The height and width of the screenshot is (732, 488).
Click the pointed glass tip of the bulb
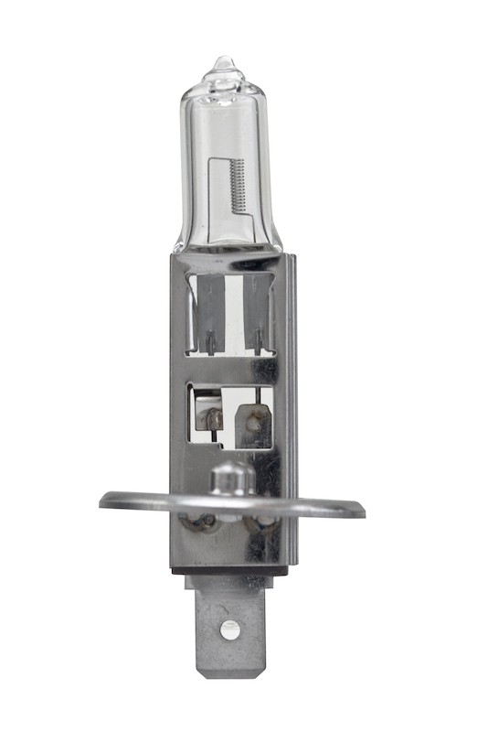click(223, 64)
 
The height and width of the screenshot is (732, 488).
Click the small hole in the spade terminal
click(230, 629)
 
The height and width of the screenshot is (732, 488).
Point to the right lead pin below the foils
click(259, 343)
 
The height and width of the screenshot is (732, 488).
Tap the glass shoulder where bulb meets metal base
click(228, 247)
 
